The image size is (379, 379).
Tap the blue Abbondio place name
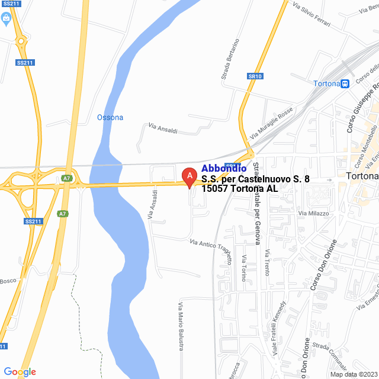tap(224, 169)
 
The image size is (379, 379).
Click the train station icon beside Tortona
tap(345, 83)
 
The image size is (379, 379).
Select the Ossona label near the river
tap(110, 117)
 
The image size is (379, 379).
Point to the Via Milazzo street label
tap(314, 213)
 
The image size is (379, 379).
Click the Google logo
tap(20, 372)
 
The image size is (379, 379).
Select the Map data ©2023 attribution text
tap(354, 374)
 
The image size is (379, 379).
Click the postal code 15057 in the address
tap(216, 188)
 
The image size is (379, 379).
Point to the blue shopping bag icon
tap(6, 19)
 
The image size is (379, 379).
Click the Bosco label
tap(7, 281)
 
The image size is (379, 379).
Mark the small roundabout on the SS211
tap(21, 41)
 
